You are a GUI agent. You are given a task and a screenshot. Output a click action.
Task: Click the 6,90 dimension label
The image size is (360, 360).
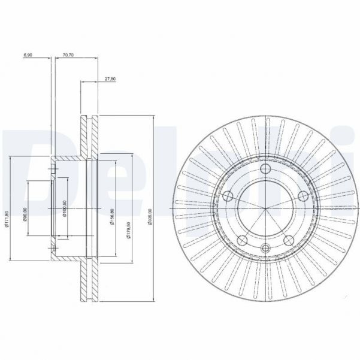28,55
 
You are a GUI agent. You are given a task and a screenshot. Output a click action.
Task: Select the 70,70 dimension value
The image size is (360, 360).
68,55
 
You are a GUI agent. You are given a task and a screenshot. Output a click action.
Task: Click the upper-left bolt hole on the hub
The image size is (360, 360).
228,196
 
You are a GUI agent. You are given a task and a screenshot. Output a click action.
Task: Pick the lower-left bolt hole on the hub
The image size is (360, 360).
243,241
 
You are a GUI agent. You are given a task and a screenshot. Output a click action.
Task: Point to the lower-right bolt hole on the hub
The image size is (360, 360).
288,241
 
